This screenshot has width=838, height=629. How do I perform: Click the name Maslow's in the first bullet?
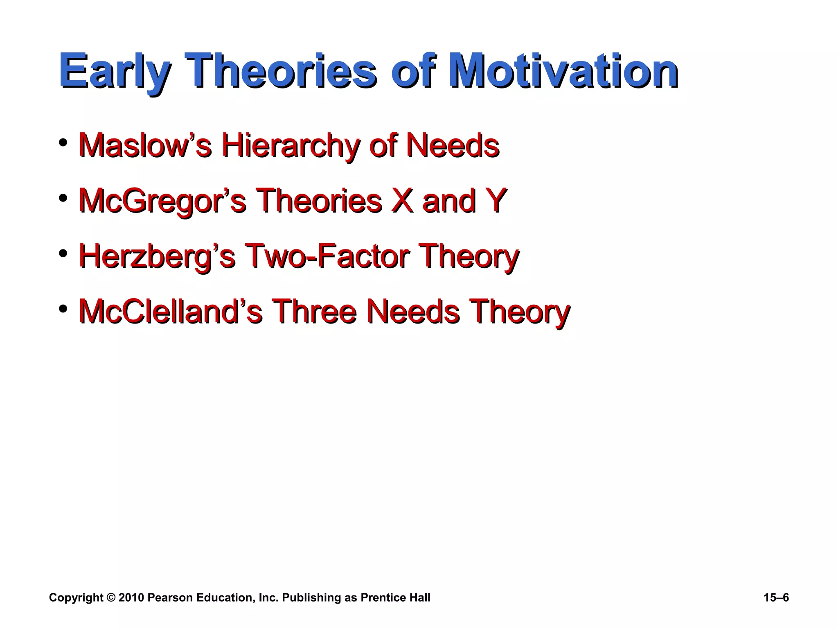pos(145,145)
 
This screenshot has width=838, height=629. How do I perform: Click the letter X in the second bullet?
pos(402,201)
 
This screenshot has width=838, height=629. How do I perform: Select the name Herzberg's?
pos(157,256)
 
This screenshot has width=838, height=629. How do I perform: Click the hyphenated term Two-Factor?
pos(327,256)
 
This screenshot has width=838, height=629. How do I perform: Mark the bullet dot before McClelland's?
pos(63,308)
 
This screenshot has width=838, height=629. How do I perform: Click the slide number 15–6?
pos(776,598)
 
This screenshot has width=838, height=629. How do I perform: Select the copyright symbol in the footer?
pos(111,598)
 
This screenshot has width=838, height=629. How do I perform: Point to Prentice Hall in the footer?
pos(395,598)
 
